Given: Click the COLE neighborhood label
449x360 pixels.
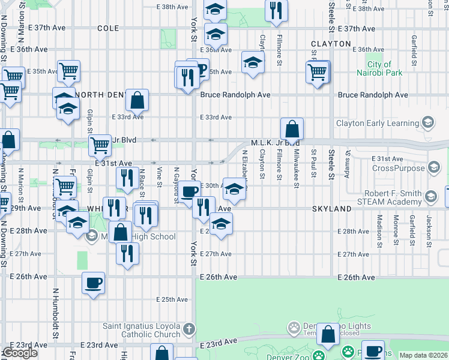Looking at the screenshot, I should tap(108, 28).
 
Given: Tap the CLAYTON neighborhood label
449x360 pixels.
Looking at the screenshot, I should tap(331, 44).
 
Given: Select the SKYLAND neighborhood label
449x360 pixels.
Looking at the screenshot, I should tap(331, 208).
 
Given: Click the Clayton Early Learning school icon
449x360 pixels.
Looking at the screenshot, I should tap(427, 123).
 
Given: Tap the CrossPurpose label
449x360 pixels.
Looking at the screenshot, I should tap(397, 168).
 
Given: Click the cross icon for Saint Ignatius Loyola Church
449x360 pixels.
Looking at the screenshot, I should tap(189, 329).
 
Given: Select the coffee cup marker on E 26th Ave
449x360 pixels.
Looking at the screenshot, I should tap(93, 283).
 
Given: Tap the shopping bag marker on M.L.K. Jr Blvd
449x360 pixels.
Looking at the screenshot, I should tap(292, 129).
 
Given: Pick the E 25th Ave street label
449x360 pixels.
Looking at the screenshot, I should tap(171, 299).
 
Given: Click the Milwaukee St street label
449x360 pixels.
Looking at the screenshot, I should tap(297, 169).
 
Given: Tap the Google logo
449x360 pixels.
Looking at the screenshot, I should tap(19, 353).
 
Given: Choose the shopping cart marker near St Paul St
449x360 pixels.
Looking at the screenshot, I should tap(317, 73).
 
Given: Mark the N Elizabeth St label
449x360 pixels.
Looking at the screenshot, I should tap(245, 165).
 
